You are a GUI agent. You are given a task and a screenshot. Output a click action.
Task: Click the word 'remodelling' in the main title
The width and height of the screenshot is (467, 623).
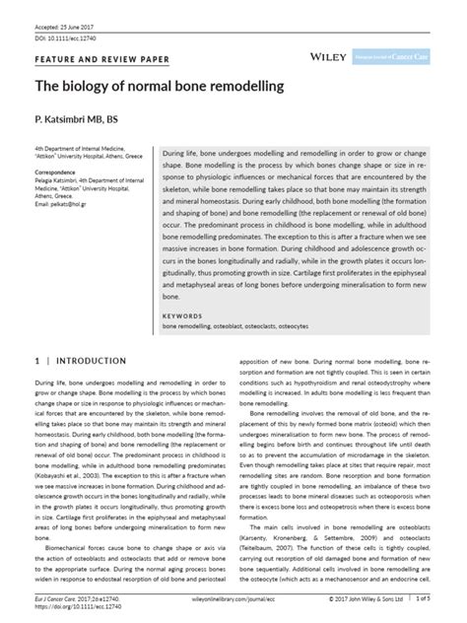(x=250, y=87)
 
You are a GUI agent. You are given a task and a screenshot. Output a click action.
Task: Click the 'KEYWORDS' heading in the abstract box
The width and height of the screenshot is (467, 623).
(x=181, y=315)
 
